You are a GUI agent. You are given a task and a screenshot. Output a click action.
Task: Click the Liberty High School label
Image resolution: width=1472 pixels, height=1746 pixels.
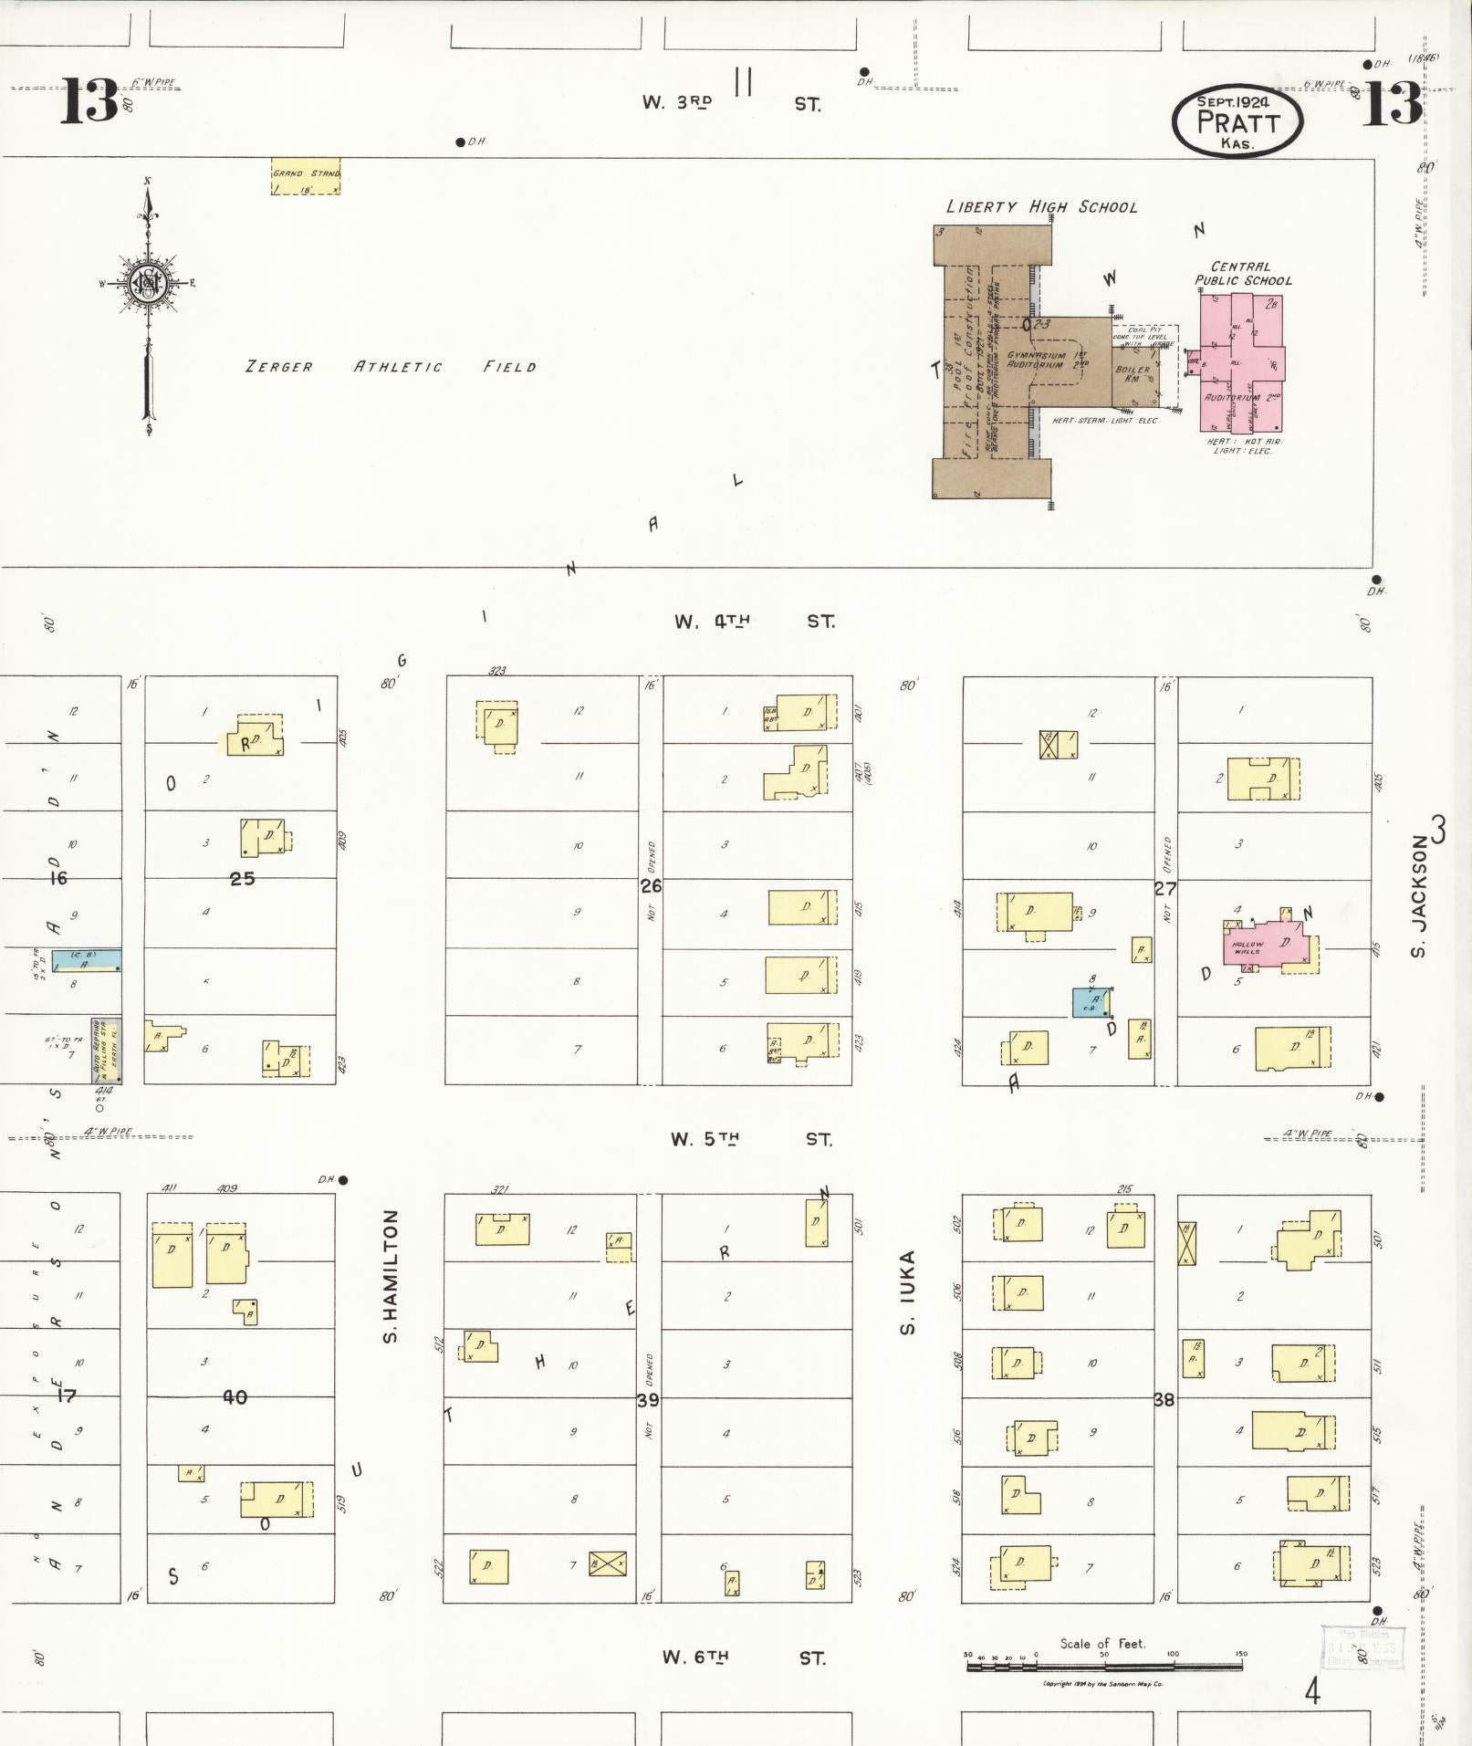point(1041,207)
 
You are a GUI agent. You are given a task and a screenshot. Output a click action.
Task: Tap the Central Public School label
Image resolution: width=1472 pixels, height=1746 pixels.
point(1243,274)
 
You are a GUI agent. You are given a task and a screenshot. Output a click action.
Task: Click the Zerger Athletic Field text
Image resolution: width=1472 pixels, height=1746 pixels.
point(391,367)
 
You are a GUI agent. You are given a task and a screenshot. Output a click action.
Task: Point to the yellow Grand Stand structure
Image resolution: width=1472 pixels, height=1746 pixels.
point(306,179)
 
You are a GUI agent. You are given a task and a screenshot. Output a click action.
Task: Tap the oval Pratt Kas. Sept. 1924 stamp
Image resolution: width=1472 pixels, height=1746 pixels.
point(1237,121)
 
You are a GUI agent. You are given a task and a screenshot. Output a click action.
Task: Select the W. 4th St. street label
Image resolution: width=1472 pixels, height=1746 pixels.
point(753,622)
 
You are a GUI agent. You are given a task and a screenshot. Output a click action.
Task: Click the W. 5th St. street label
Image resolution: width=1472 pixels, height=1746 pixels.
point(750,1140)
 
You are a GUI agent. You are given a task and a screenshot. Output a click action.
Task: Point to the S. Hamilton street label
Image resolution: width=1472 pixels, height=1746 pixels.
point(391,1276)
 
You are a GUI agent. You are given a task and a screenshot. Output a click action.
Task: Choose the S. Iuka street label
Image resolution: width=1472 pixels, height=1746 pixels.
point(907,1291)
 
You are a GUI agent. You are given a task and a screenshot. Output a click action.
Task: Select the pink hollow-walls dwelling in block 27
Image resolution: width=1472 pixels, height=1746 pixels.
point(1270,945)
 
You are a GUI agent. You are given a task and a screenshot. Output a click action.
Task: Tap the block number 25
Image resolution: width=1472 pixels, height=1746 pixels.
point(242,879)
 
